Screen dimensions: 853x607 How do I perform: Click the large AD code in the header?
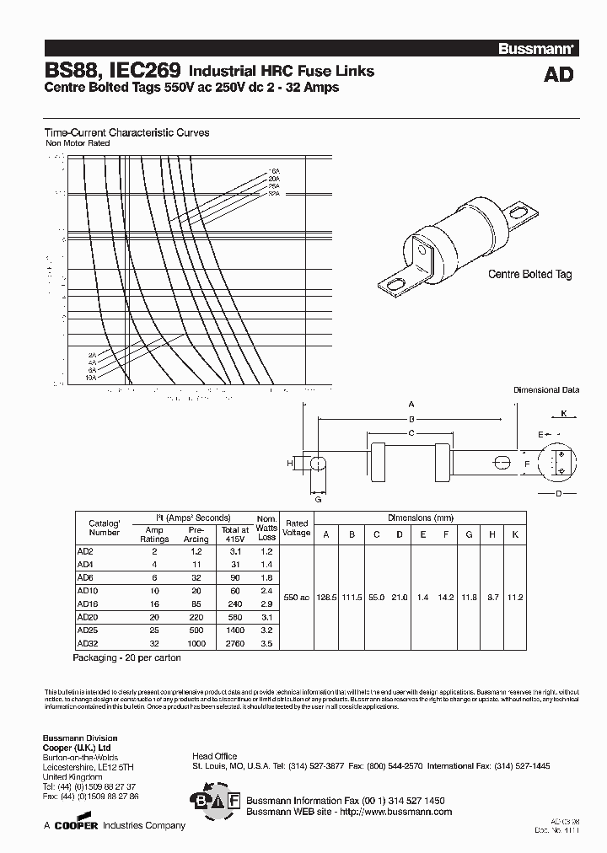(x=557, y=75)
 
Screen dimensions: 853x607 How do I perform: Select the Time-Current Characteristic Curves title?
(x=126, y=132)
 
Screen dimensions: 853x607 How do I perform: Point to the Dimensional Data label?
(x=547, y=390)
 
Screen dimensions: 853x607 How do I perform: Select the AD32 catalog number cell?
(x=85, y=643)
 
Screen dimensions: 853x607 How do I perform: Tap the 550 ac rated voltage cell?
(x=297, y=597)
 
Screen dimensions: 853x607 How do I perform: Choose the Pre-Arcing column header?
(x=196, y=533)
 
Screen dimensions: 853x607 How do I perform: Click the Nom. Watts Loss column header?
(x=266, y=528)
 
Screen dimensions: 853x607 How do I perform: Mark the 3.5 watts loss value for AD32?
(x=266, y=643)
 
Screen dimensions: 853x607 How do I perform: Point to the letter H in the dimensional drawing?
(x=289, y=464)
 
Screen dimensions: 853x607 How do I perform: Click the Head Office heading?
(x=214, y=756)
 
